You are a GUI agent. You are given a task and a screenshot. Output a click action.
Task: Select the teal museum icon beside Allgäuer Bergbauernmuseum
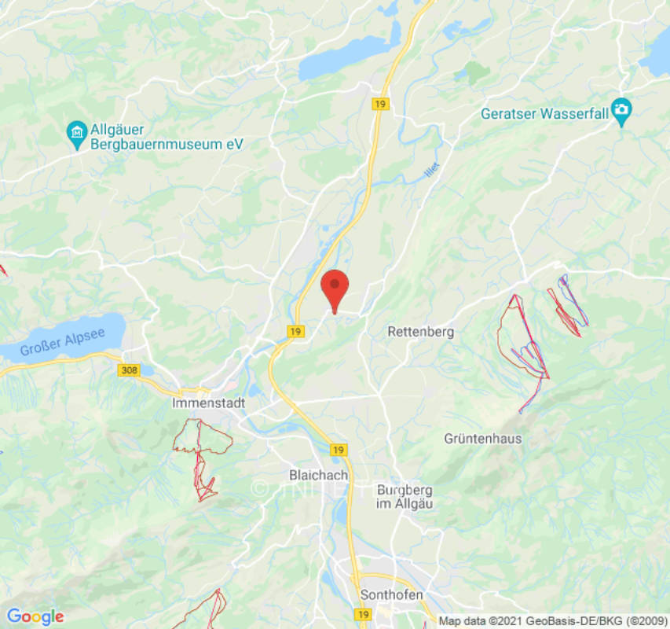click(77, 135)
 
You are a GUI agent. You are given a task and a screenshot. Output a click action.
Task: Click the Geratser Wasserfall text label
click(544, 113)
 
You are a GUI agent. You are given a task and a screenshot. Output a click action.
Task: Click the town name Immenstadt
click(208, 403)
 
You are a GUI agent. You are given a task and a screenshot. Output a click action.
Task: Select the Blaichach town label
click(317, 475)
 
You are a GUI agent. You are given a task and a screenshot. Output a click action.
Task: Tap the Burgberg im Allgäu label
click(405, 495)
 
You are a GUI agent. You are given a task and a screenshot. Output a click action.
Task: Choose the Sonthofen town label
click(391, 594)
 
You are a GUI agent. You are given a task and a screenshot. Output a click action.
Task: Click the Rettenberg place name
click(420, 332)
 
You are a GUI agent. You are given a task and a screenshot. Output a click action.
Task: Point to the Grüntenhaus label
click(482, 438)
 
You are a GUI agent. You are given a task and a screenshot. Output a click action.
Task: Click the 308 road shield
click(130, 370)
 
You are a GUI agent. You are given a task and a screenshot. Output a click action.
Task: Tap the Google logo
click(35, 616)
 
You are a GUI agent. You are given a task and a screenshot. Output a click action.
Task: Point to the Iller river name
click(430, 170)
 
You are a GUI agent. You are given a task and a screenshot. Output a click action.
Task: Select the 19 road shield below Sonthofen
click(363, 613)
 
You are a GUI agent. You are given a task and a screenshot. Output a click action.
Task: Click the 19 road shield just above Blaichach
click(338, 450)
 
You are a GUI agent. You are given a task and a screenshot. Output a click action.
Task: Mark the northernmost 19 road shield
click(381, 105)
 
